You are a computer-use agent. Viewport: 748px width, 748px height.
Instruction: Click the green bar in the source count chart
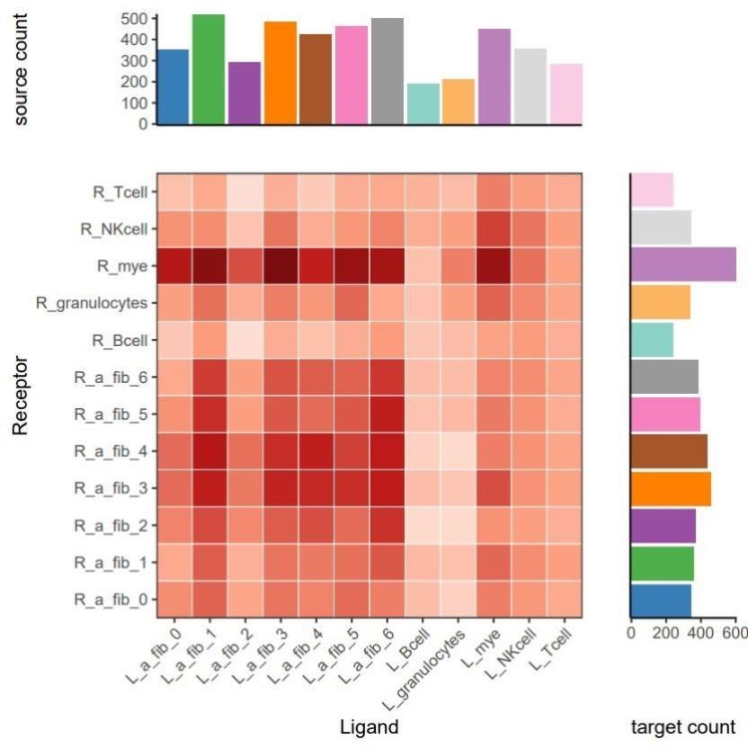click(209, 70)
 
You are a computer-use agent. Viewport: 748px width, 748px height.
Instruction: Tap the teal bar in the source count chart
click(423, 104)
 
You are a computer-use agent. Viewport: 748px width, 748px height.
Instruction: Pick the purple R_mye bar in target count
click(683, 265)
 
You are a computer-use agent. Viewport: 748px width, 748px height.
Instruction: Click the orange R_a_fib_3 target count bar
click(671, 487)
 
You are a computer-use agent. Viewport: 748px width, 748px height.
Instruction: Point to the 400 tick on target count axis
click(700, 632)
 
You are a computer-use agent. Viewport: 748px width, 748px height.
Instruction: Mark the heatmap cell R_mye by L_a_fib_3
click(280, 265)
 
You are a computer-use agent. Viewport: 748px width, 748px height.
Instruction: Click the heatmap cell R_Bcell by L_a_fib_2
click(245, 340)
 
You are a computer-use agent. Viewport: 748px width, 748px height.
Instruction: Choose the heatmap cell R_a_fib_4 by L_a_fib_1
click(209, 450)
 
